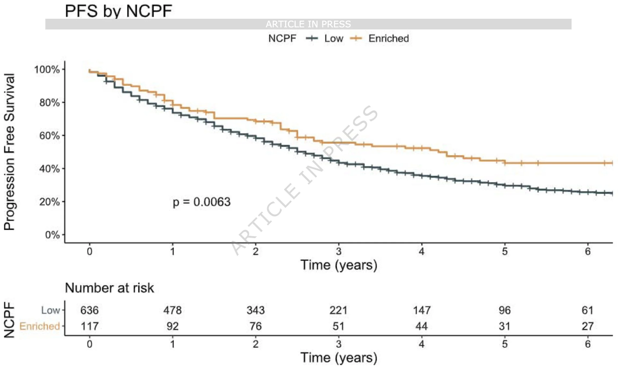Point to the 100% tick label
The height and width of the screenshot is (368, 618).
coord(47,69)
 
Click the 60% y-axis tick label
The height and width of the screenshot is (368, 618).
coord(49,136)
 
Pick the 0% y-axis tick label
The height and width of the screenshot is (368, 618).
coord(52,235)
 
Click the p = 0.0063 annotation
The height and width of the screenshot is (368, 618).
coord(202,202)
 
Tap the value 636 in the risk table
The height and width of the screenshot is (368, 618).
coord(89,310)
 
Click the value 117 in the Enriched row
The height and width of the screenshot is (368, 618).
coord(89,326)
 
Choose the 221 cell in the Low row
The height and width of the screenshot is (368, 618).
coord(339,310)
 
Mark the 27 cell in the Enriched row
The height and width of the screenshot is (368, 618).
coord(588,326)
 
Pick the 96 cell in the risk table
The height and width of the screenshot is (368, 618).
coord(505,310)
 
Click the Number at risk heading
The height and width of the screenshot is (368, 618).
coord(109,288)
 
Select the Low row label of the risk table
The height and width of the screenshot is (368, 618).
coord(50,310)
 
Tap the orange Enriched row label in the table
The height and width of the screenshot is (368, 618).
coord(39,326)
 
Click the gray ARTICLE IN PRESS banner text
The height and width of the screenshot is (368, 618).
coord(308,24)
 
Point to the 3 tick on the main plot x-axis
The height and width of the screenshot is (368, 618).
coord(339,251)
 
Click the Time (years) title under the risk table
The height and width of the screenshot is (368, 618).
coord(339,358)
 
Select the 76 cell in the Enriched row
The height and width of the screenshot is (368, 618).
coord(256,326)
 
